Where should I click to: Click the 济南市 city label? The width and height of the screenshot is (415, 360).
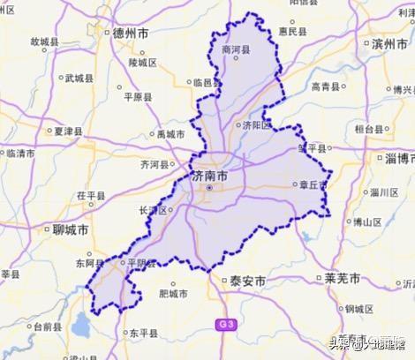pos(209,176)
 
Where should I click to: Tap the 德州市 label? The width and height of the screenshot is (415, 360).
pos(132,34)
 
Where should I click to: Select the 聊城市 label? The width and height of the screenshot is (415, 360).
pos(70,229)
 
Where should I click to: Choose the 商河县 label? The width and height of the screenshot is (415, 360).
pos(238,50)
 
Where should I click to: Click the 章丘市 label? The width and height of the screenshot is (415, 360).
pos(310,184)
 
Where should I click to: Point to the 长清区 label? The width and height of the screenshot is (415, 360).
pos(153,210)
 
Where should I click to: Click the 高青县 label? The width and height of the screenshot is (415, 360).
pos(328,86)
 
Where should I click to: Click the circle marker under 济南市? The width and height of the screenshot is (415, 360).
pos(209,188)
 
